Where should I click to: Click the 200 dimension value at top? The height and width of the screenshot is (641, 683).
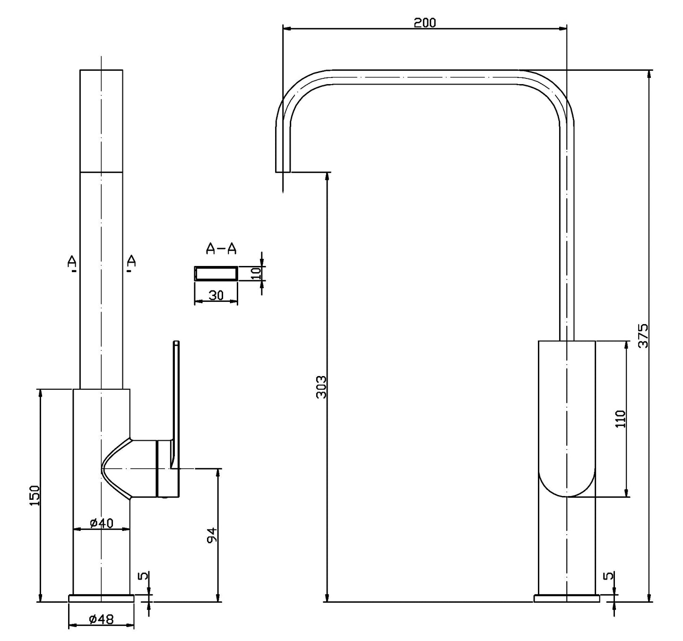424,23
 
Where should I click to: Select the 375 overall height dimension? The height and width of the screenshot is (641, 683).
643,336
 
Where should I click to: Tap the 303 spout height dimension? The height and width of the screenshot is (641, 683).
321,387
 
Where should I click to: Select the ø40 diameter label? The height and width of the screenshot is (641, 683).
101,523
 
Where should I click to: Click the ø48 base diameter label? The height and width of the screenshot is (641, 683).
101,619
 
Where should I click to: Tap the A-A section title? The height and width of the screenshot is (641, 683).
221,248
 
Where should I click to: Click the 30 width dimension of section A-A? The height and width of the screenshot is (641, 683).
216,295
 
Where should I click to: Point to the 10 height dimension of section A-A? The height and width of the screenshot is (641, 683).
256,273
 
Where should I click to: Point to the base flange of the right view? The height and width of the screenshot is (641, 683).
567,598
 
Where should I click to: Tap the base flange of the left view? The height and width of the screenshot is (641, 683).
101,598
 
